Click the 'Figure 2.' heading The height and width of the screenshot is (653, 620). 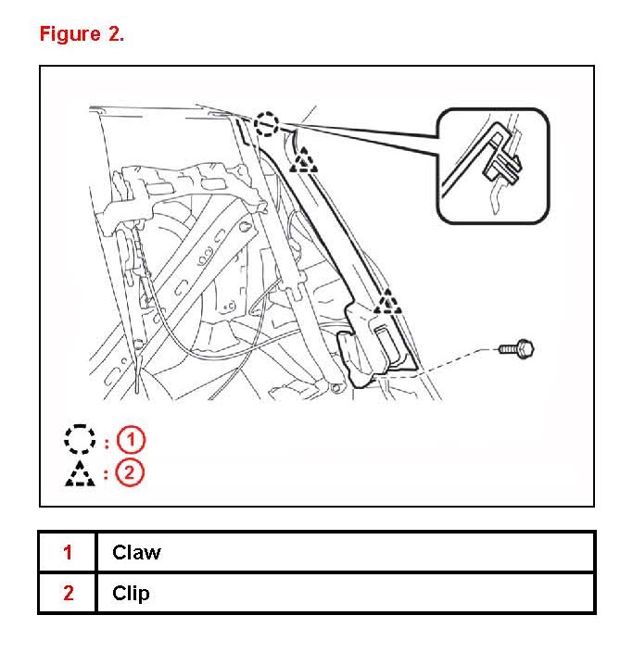pyautogui.click(x=82, y=34)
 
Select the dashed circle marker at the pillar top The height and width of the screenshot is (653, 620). pyautogui.click(x=266, y=122)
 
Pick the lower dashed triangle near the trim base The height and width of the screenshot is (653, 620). pyautogui.click(x=388, y=303)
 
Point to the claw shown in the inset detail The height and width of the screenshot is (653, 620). pyautogui.click(x=500, y=163)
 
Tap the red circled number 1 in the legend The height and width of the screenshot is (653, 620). pyautogui.click(x=131, y=439)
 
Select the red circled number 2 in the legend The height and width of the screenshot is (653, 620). pyautogui.click(x=131, y=472)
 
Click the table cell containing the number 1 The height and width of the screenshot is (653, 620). pyautogui.click(x=68, y=553)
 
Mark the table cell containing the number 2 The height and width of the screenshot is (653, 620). pyautogui.click(x=68, y=593)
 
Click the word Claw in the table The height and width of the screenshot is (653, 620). pyautogui.click(x=136, y=553)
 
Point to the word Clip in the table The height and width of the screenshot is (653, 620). pyautogui.click(x=131, y=593)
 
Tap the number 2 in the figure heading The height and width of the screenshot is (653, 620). pyautogui.click(x=115, y=34)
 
